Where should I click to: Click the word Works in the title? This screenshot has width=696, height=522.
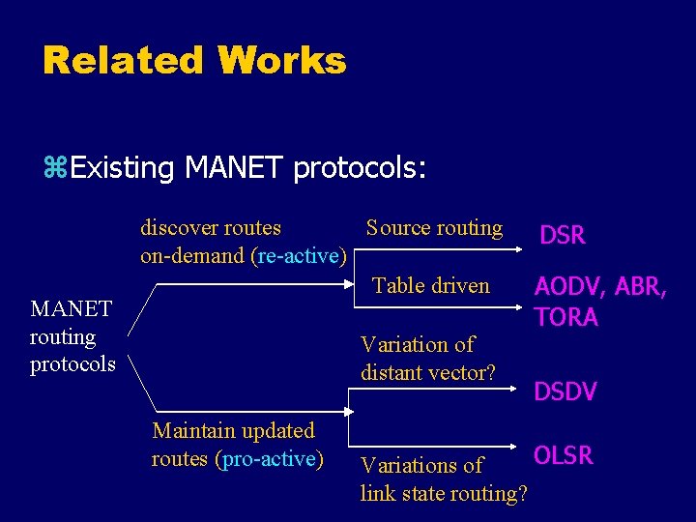coord(281,61)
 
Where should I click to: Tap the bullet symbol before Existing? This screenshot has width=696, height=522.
coord(55,169)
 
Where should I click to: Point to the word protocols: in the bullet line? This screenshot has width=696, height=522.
coord(359,169)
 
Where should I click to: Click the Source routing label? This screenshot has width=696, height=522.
coord(434,228)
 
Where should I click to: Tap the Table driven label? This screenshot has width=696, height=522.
coord(431,285)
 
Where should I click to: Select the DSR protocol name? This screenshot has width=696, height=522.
coord(562,235)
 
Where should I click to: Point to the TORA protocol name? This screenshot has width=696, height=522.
coord(566,317)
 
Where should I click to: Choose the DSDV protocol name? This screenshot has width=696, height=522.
coord(565,391)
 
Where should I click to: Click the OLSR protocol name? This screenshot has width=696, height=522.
coord(564,455)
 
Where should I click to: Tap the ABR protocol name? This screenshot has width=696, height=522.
coord(638,287)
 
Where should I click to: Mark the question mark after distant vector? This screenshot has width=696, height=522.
coord(490,372)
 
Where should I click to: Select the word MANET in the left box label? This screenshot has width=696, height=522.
coord(72,308)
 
